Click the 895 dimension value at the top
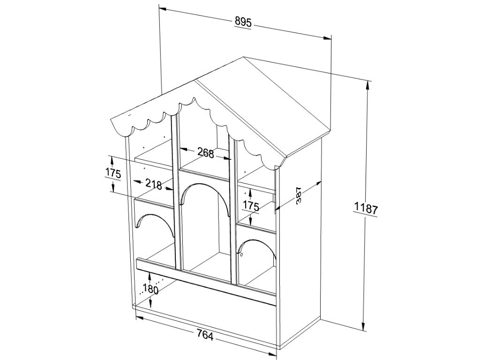click(243, 22)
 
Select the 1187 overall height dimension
click(366, 208)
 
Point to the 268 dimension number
click(205, 153)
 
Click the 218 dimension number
click(153, 184)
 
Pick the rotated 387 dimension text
click(299, 195)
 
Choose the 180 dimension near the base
click(150, 289)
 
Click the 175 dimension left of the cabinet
click(113, 173)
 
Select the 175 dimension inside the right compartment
click(251, 205)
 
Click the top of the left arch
click(154, 216)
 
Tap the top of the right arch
click(255, 241)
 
